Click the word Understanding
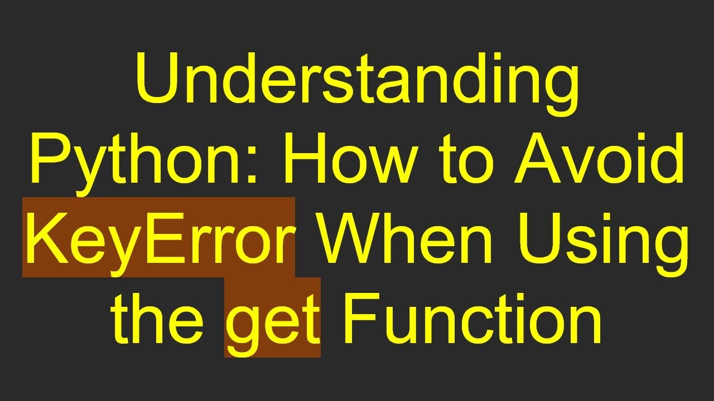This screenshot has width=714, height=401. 357,84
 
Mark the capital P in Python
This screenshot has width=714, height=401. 49,159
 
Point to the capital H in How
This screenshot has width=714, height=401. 304,159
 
